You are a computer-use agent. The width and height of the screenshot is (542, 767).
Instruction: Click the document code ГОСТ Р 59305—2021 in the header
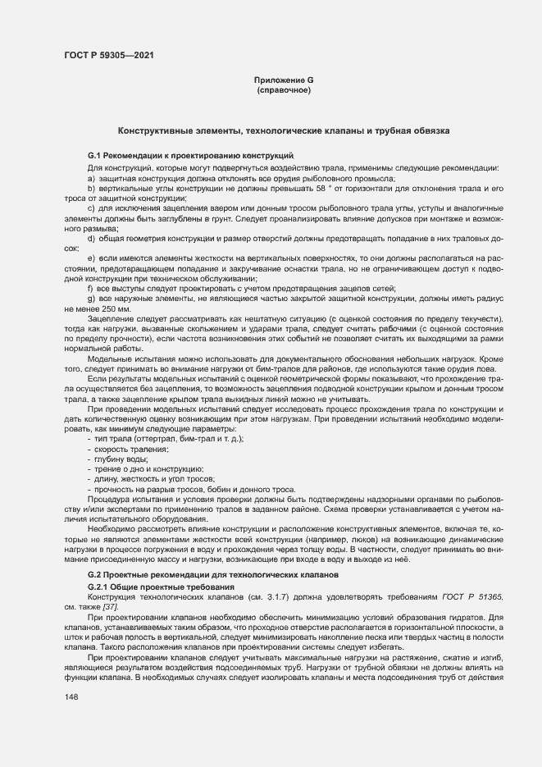point(108,57)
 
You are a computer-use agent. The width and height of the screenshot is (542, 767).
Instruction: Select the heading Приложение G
point(284,80)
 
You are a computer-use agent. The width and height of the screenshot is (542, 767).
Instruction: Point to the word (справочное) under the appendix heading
point(284,90)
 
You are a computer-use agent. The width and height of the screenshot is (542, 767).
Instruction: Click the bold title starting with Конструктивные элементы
point(284,130)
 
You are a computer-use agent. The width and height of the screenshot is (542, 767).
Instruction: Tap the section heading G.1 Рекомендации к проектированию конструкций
point(190,156)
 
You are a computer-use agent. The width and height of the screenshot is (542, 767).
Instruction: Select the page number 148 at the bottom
point(71,696)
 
